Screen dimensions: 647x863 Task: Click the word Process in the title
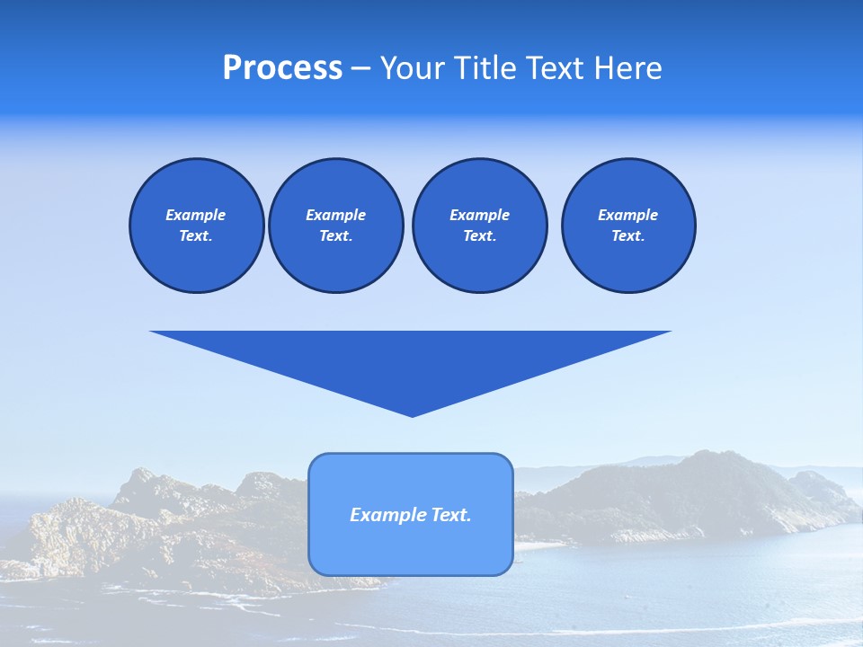pyautogui.click(x=282, y=68)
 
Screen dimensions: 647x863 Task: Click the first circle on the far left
pyautogui.click(x=196, y=226)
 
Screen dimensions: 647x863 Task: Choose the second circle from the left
pyautogui.click(x=335, y=226)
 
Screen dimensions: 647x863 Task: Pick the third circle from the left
pyautogui.click(x=479, y=226)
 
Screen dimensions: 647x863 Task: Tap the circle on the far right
pyautogui.click(x=627, y=226)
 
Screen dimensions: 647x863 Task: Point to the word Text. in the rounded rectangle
pyautogui.click(x=448, y=515)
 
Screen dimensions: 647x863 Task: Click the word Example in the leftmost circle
pyautogui.click(x=196, y=216)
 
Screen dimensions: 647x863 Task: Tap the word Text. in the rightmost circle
pyautogui.click(x=627, y=236)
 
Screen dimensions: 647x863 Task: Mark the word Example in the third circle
pyautogui.click(x=479, y=216)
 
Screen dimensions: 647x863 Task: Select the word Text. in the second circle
pyautogui.click(x=335, y=236)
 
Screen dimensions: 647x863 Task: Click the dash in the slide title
pyautogui.click(x=360, y=68)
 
